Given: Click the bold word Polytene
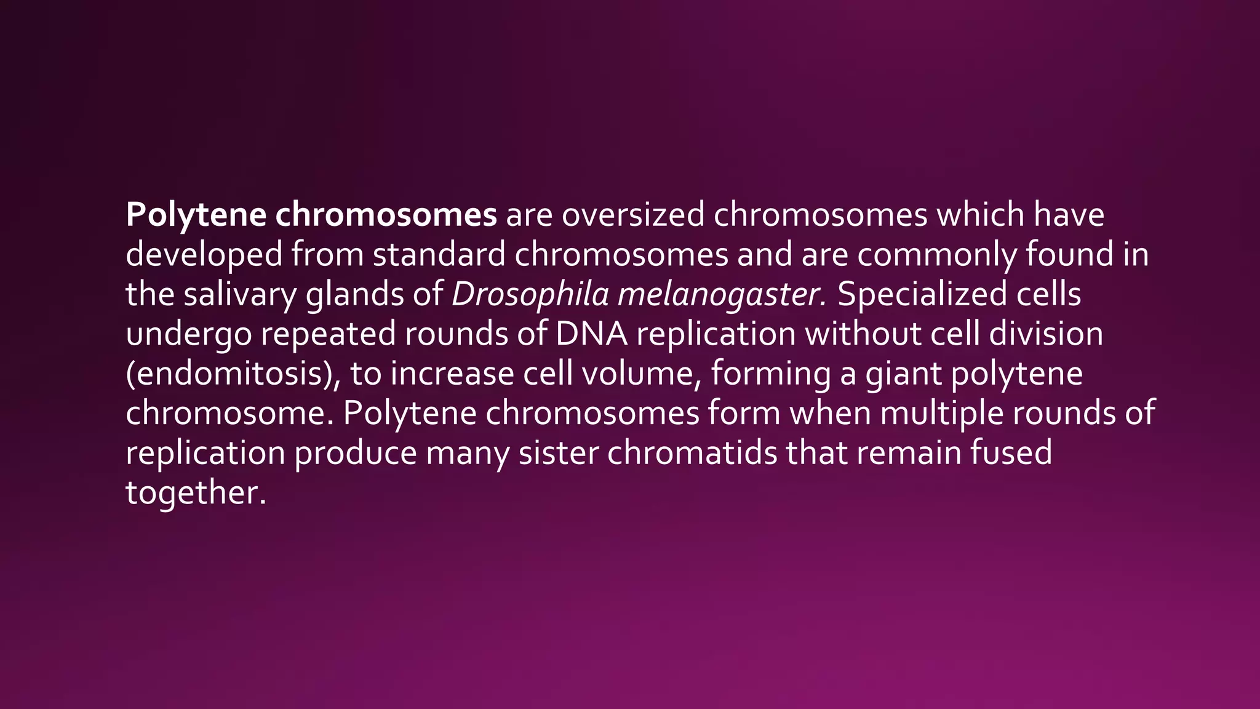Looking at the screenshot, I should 196,215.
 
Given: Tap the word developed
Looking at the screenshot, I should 204,255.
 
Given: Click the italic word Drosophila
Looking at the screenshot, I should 530,294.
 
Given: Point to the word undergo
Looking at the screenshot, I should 188,335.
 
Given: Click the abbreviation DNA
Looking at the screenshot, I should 591,334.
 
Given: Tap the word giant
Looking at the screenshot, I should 903,374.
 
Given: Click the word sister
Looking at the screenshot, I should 558,453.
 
